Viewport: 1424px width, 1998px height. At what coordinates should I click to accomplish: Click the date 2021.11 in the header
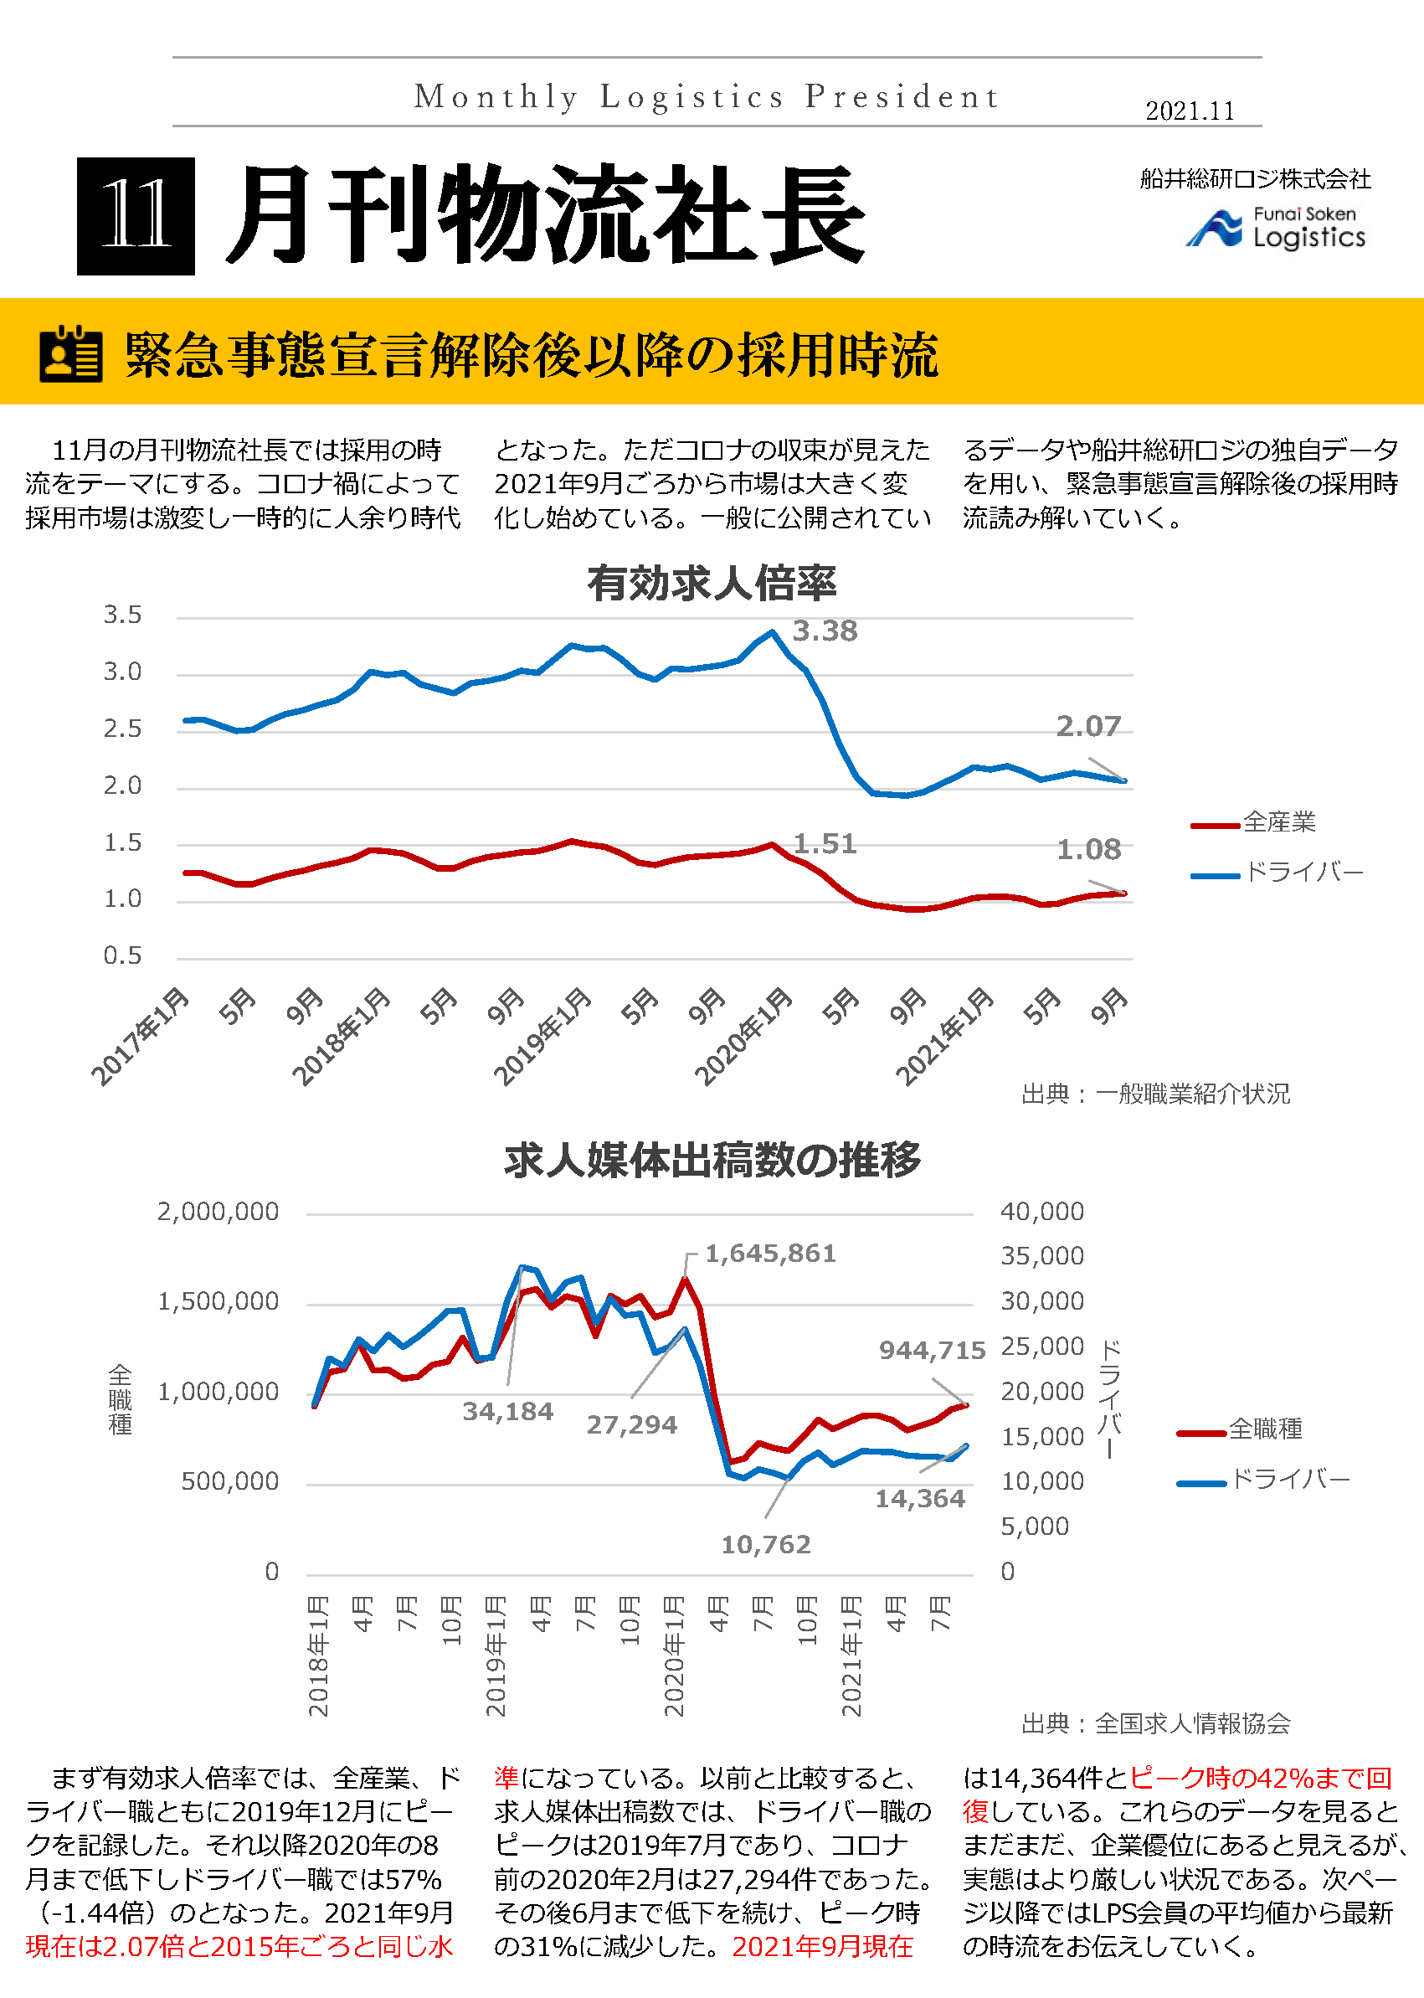click(x=1189, y=111)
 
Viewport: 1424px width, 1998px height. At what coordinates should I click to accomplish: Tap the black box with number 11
click(x=136, y=216)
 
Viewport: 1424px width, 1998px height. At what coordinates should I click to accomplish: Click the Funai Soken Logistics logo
click(x=1275, y=228)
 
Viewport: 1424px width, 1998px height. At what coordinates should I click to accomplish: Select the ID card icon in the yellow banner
click(x=71, y=353)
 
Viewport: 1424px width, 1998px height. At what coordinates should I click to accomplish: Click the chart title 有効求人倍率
click(x=711, y=584)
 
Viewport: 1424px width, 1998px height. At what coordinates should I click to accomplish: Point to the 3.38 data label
click(x=825, y=631)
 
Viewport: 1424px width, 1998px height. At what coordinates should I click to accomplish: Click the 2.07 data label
click(x=1087, y=726)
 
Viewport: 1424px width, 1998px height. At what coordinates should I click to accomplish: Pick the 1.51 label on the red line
click(x=825, y=844)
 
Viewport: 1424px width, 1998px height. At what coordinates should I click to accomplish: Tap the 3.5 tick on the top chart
click(x=122, y=615)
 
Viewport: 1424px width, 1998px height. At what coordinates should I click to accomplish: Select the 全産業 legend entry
click(x=1277, y=821)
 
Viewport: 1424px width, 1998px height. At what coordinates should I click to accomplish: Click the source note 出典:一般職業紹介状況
click(x=1154, y=1094)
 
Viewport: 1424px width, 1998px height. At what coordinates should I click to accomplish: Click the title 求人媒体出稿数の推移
click(x=711, y=1160)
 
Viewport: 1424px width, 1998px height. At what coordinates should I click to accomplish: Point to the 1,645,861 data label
click(x=770, y=1254)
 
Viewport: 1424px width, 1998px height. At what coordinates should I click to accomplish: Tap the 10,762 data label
click(x=765, y=1543)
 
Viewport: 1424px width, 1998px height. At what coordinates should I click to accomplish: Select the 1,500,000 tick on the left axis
click(x=218, y=1300)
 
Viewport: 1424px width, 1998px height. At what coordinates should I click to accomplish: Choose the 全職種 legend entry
click(x=1264, y=1429)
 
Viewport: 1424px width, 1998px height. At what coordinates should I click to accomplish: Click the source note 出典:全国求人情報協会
click(x=1154, y=1723)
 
